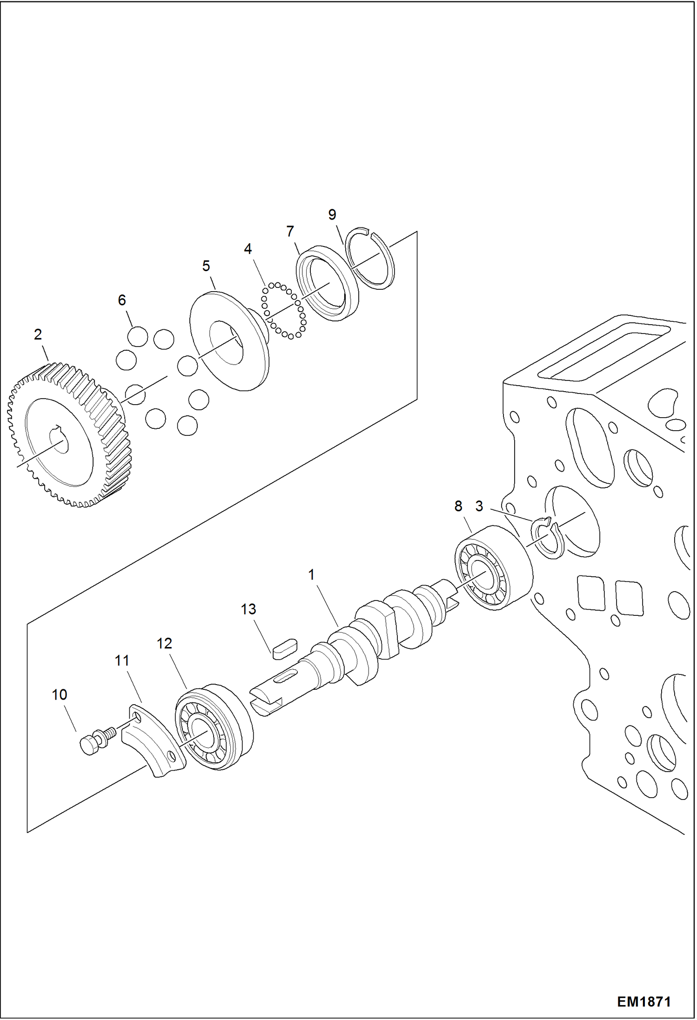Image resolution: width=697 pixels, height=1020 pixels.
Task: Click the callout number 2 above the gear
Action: click(x=38, y=334)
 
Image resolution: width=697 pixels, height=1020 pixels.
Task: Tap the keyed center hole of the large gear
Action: click(x=59, y=439)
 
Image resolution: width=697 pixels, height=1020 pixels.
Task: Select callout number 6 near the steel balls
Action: click(x=122, y=300)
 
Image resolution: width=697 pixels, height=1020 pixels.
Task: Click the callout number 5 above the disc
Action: click(x=206, y=266)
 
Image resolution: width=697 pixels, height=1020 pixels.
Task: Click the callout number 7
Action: click(x=290, y=231)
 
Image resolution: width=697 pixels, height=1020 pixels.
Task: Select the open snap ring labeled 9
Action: click(x=371, y=259)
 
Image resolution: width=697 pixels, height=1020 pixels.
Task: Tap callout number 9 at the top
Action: click(x=332, y=214)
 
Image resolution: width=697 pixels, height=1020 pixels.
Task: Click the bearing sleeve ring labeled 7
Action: click(x=327, y=284)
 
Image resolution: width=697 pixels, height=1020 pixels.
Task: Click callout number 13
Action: click(x=248, y=609)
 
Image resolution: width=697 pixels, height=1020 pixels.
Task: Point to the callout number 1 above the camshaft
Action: click(x=311, y=575)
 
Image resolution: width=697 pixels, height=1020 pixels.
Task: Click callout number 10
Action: click(x=60, y=694)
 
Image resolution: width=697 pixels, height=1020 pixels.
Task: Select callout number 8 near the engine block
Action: click(x=458, y=506)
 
